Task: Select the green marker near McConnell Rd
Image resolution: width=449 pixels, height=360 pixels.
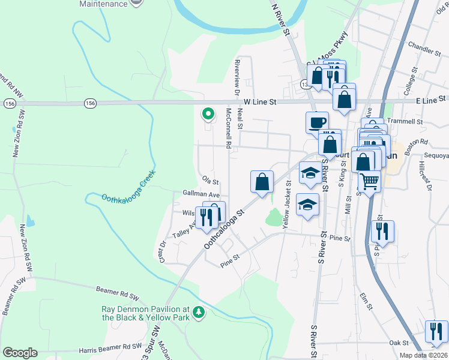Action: pos(208,113)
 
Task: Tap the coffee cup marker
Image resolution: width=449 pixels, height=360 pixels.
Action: pos(316,122)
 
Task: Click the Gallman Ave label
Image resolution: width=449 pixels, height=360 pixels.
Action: pos(201,195)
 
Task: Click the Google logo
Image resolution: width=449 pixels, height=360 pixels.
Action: pos(20,353)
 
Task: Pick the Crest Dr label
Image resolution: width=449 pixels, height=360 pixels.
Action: pos(161,252)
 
